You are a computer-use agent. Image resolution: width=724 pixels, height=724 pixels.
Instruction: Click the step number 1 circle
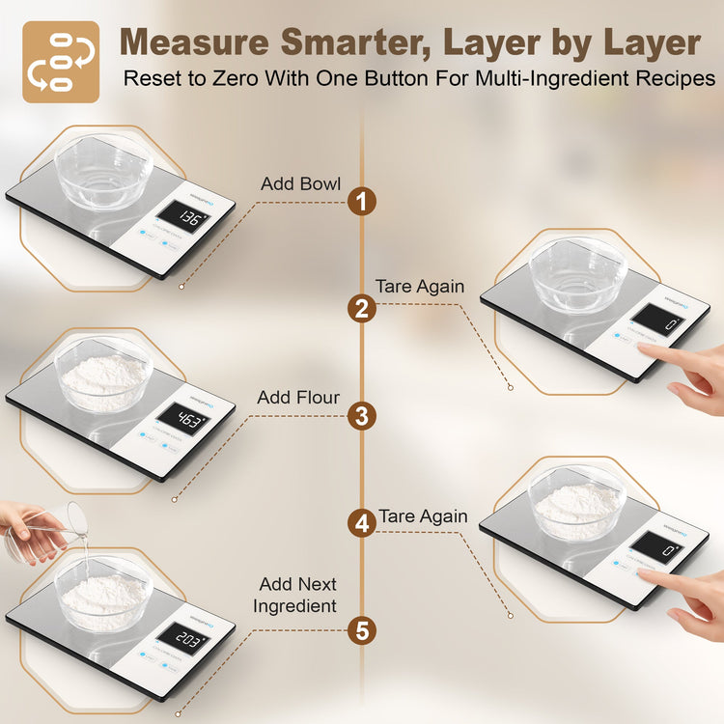pos(362,202)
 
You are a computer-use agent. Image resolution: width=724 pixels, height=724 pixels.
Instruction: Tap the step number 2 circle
pos(362,309)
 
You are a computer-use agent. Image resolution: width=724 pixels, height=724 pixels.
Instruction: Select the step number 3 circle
pos(362,416)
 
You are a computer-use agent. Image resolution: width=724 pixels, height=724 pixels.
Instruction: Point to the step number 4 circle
pos(362,523)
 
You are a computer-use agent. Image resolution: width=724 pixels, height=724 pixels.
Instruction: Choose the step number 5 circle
pos(362,630)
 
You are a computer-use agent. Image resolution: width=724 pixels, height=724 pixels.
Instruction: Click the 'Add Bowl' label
pos(300,183)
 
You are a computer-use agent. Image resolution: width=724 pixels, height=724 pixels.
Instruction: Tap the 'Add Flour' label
pos(298,398)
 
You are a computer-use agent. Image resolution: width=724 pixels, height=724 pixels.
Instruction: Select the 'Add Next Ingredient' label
pos(294,595)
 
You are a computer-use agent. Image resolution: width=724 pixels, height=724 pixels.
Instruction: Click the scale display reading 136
pos(181,220)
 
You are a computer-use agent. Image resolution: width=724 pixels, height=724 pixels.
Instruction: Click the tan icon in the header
pos(61,61)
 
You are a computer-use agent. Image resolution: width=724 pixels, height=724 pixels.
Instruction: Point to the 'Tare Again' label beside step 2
pos(420,287)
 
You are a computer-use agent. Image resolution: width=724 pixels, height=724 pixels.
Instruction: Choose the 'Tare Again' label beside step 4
pos(423,516)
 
